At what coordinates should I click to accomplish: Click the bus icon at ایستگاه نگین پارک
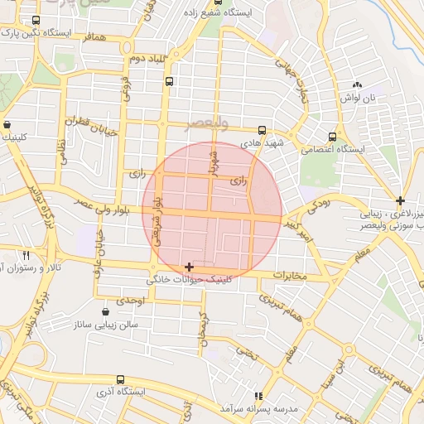35,21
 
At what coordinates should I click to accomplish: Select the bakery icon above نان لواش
358,84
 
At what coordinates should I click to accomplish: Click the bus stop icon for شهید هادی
263,130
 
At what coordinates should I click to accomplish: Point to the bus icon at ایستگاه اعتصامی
332,137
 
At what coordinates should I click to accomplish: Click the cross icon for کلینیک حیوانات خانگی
190,267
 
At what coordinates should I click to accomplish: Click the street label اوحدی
130,300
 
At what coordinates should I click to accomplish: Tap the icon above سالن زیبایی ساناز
107,312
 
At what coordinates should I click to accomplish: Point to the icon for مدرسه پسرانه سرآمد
258,396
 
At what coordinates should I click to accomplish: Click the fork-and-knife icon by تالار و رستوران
27,255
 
